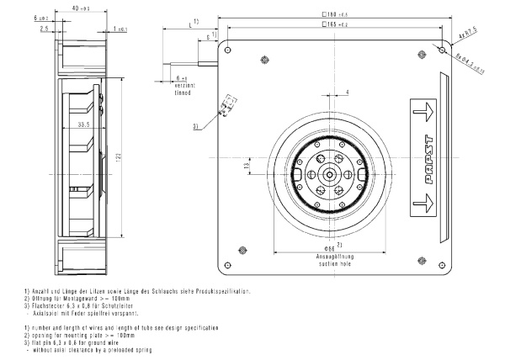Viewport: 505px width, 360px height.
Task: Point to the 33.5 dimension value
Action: tap(82, 124)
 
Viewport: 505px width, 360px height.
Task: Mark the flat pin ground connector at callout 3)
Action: tap(226, 109)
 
